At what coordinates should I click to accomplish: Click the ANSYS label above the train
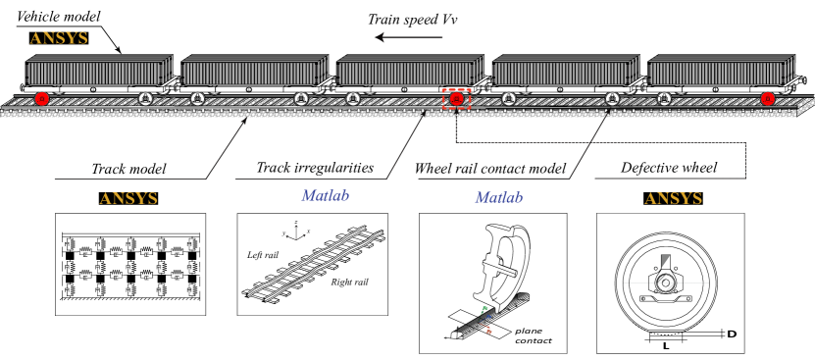click(x=59, y=38)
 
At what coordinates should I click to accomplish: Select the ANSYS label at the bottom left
click(x=128, y=198)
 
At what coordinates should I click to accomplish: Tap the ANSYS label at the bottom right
click(x=674, y=198)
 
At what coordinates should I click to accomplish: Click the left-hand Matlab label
click(x=325, y=195)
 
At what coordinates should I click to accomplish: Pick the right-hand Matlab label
click(x=498, y=197)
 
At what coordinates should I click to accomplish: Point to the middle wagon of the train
click(x=409, y=71)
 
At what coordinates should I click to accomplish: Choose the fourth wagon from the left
click(x=564, y=71)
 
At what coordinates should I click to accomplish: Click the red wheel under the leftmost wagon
click(x=42, y=98)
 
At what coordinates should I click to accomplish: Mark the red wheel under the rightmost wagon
click(x=768, y=98)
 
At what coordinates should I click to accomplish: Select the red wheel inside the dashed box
click(x=456, y=98)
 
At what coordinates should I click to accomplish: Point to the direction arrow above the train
click(x=409, y=38)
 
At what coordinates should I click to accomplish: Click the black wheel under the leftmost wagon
click(x=145, y=98)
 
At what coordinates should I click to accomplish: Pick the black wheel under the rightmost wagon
click(x=664, y=98)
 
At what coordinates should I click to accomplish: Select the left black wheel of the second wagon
click(x=197, y=98)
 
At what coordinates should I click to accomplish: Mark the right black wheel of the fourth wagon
click(x=612, y=98)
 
